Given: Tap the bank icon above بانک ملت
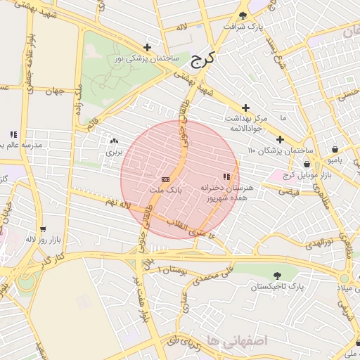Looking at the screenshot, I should click(x=165, y=179).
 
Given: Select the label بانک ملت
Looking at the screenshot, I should click(x=166, y=190).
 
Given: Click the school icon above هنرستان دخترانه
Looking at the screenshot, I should click(x=226, y=176).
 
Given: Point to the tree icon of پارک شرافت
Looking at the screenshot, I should click(x=243, y=15).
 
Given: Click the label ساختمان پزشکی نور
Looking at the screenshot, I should click(x=144, y=58).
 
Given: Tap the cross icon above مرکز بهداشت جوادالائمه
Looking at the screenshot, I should click(x=245, y=108).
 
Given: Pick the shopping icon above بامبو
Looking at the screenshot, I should click(x=334, y=149).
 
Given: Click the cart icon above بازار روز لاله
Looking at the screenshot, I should click(x=43, y=229).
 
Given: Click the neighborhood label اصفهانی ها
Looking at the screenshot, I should click(x=243, y=341).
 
